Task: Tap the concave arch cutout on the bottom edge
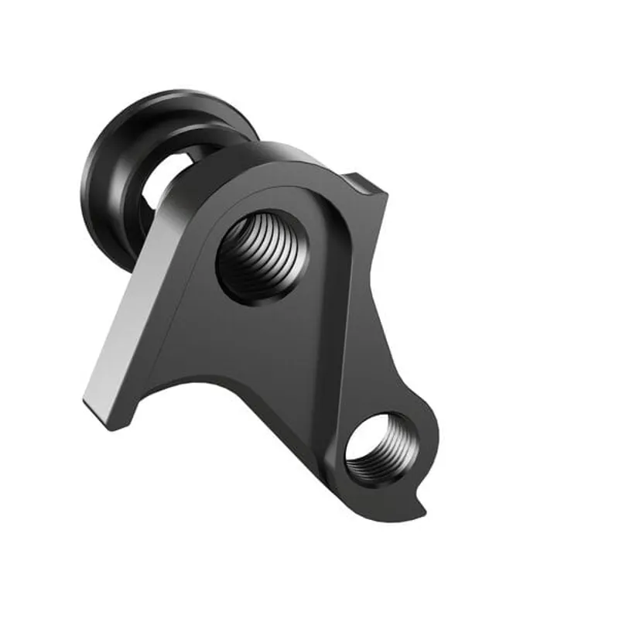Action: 201,387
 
